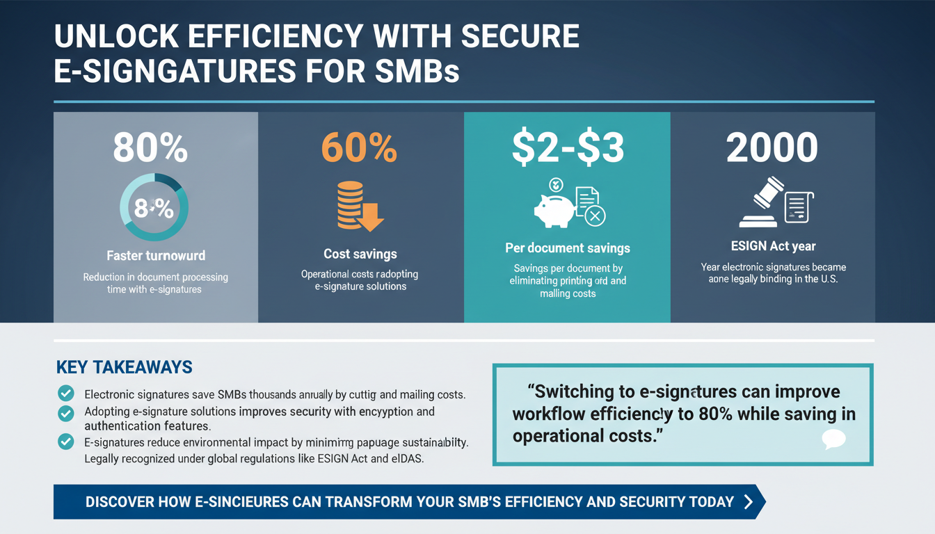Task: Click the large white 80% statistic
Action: [150, 147]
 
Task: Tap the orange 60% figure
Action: [359, 147]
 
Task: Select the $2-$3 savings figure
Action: [568, 147]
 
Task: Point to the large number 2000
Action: [772, 147]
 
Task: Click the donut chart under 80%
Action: [154, 207]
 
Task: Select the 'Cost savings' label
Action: [360, 254]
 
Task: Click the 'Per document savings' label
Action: [568, 248]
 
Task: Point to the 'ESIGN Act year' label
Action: [772, 245]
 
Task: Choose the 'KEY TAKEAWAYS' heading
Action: [124, 367]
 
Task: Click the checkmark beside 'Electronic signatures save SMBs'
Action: [65, 393]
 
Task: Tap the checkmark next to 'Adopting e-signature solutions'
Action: [65, 413]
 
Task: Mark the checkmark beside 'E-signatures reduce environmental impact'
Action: [65, 441]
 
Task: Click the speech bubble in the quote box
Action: [833, 439]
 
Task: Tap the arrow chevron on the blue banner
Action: [749, 502]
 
